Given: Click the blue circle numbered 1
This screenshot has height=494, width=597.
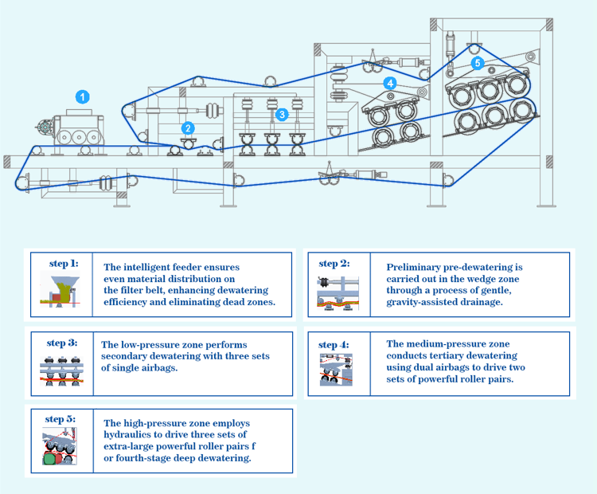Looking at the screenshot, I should click(82, 96).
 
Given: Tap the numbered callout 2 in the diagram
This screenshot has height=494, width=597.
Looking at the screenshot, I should click(187, 127).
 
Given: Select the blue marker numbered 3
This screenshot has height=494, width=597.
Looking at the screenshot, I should click(281, 115).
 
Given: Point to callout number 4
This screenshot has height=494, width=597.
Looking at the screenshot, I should click(389, 82).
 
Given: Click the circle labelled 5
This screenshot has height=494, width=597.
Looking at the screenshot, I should click(477, 62).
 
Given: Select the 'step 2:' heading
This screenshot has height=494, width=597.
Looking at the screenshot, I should click(334, 263).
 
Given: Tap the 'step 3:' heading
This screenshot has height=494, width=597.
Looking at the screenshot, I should click(61, 343).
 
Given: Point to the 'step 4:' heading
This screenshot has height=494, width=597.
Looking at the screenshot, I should click(334, 344).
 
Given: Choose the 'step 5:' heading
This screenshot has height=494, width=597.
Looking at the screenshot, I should click(61, 418).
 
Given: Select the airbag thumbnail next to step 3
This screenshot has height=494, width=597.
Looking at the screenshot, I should click(62, 368).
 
